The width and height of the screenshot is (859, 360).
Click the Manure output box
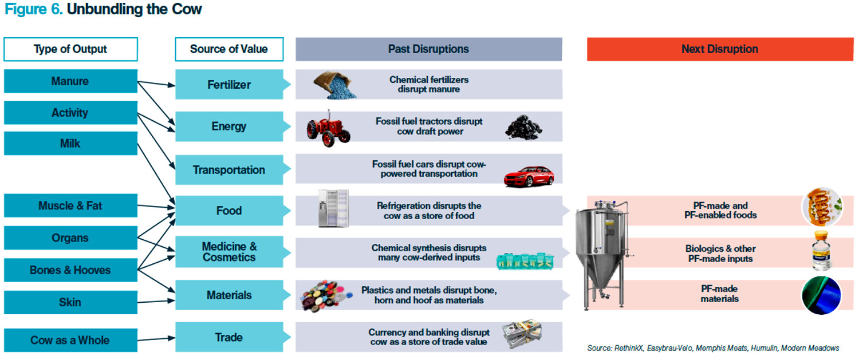point(70,81)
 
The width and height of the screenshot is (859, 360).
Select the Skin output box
point(70,302)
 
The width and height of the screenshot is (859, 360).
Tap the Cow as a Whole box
point(70,340)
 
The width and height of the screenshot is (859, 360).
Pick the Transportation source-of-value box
point(229,170)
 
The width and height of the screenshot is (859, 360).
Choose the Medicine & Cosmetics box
point(229,252)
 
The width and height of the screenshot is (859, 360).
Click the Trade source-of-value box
point(229,337)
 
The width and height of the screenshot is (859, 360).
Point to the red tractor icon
point(328,128)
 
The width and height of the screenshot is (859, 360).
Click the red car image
point(529,176)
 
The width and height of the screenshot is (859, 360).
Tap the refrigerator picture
point(334,208)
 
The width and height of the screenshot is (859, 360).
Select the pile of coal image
point(523,127)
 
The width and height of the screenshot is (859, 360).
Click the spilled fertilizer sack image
point(334,85)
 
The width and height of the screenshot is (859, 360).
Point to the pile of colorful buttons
point(326,296)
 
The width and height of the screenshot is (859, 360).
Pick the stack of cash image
point(522,333)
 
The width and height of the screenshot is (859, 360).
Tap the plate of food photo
point(822,207)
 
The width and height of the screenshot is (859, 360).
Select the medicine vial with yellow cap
point(821,251)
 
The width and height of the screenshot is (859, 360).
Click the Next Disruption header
point(720,49)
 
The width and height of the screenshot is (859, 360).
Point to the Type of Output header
point(70,49)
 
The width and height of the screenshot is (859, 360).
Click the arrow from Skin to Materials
point(156,302)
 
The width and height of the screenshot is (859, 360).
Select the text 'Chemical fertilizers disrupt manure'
point(429,84)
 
